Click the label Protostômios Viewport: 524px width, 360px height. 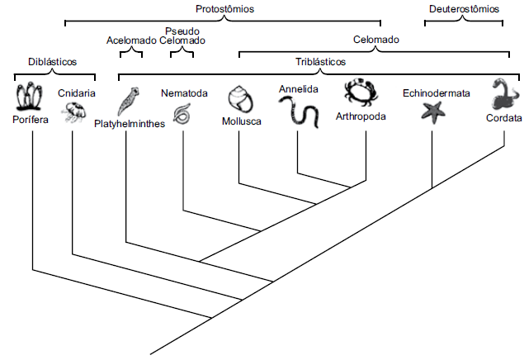[224, 8]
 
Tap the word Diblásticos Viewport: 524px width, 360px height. [52, 61]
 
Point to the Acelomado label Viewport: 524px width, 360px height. [131, 40]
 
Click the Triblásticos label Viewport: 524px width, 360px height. [320, 62]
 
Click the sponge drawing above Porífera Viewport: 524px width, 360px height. [30, 97]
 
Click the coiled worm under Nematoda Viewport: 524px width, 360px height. [182, 113]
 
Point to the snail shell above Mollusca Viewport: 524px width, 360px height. [241, 99]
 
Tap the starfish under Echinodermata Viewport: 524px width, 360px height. [433, 111]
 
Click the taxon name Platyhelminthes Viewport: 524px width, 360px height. [141, 123]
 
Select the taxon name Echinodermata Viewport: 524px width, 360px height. [436, 93]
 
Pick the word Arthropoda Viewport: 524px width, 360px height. [361, 116]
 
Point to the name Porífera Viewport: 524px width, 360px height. [31, 120]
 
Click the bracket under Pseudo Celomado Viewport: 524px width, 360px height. [182, 54]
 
